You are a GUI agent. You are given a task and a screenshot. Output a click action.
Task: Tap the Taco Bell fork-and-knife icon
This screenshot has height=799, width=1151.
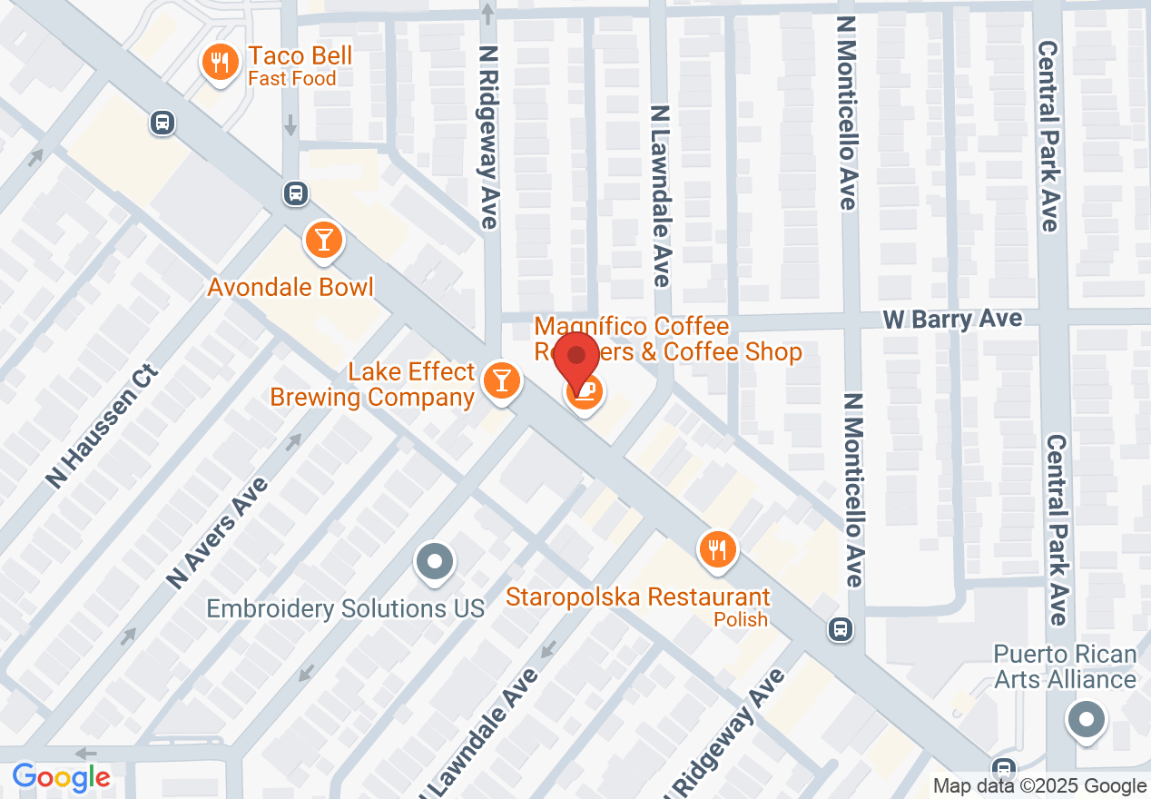pyautogui.click(x=219, y=64)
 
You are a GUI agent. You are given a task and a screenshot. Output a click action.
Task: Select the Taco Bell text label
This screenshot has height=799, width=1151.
pyautogui.click(x=300, y=56)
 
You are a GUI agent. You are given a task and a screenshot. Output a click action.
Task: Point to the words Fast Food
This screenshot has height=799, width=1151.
pyautogui.click(x=291, y=79)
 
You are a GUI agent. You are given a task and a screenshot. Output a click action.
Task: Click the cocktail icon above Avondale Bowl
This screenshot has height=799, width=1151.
pyautogui.click(x=322, y=241)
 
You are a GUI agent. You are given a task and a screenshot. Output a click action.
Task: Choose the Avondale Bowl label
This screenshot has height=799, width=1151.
pyautogui.click(x=290, y=287)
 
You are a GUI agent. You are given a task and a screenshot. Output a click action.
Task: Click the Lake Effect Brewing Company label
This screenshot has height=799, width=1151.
pyautogui.click(x=373, y=384)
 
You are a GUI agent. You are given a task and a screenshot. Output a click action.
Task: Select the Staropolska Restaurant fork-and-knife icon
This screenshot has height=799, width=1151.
pyautogui.click(x=717, y=548)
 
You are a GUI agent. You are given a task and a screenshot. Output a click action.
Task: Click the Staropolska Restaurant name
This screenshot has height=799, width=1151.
pyautogui.click(x=638, y=597)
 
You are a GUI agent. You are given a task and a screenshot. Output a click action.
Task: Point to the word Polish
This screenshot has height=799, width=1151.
pyautogui.click(x=741, y=619)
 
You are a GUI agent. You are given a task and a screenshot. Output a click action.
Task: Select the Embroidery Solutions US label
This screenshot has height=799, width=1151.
pyautogui.click(x=346, y=607)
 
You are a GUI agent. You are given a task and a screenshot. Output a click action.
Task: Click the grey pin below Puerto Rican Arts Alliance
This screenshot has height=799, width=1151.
pyautogui.click(x=1086, y=721)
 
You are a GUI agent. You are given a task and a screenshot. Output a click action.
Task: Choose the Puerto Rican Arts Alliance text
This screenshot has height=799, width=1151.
pyautogui.click(x=1065, y=666)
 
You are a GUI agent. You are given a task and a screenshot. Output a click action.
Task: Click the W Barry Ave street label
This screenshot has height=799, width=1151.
pyautogui.click(x=953, y=319)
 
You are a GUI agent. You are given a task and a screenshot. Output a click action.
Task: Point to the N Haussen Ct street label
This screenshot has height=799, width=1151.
pyautogui.click(x=103, y=427)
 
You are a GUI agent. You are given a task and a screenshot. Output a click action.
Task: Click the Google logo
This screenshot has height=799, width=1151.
pyautogui.click(x=61, y=777)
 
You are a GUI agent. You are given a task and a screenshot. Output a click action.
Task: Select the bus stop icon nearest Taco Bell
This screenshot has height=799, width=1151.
pyautogui.click(x=162, y=123)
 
